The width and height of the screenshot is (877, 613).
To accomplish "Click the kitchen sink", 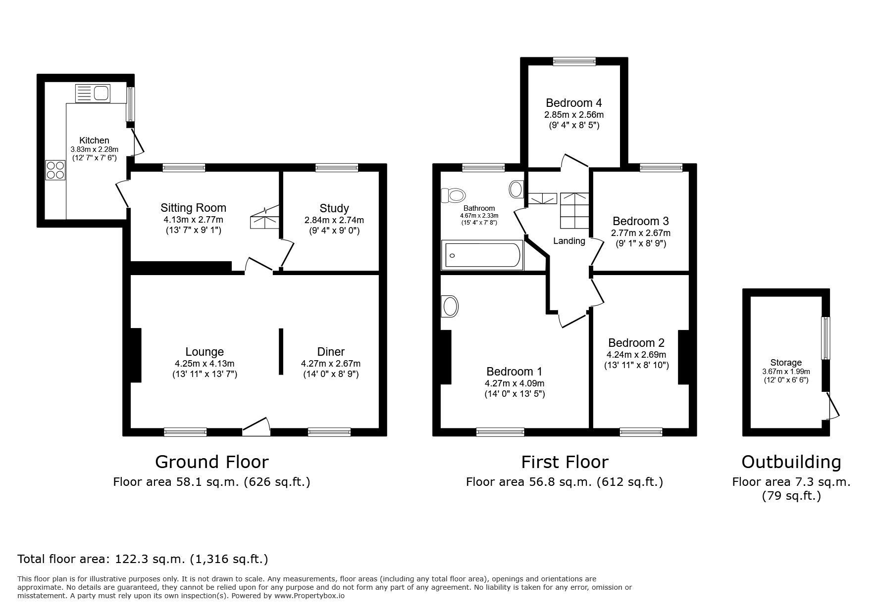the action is tap(92, 94).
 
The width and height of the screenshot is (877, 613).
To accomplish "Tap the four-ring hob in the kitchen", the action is tap(55, 170).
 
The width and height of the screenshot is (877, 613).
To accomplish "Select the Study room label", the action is tap(334, 208).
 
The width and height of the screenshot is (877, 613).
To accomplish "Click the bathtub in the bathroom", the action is tap(482, 255).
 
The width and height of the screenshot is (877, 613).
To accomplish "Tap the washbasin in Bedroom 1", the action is tap(450, 306).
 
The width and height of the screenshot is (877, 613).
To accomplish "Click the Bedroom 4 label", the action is tap(574, 103).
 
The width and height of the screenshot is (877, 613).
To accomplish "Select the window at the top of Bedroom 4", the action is tap(574, 61).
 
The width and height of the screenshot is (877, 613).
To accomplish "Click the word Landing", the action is tap(569, 241).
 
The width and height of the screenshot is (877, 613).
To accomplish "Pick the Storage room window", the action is tap(825, 338).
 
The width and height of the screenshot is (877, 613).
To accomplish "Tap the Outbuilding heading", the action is tap(791, 462).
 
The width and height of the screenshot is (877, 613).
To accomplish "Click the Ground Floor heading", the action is tap(212, 462).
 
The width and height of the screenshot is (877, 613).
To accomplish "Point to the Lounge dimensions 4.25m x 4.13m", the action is tap(205, 364).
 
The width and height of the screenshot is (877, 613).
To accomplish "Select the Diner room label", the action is tap(331, 352).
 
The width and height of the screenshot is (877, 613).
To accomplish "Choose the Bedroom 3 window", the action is tap(661, 168).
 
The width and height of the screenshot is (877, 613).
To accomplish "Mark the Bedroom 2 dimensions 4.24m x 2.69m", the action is tap(636, 355).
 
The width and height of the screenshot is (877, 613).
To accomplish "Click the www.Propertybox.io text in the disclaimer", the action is tap(310, 596).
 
